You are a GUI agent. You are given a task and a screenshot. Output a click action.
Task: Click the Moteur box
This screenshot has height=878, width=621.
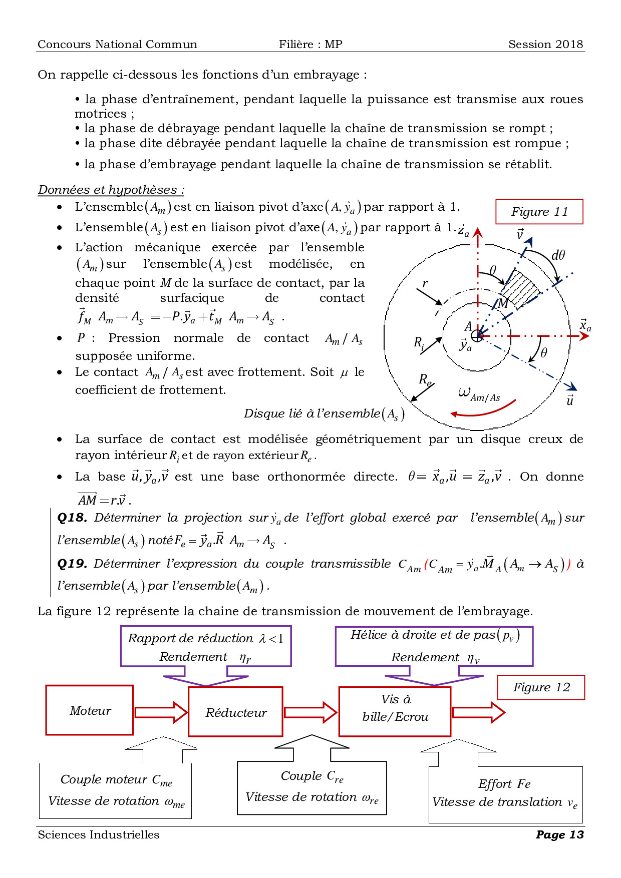pos(90,710)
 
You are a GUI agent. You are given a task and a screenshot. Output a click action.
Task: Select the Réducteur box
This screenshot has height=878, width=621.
pos(235,712)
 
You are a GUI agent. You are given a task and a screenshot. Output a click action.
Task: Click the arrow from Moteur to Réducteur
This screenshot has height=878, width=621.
pos(161,712)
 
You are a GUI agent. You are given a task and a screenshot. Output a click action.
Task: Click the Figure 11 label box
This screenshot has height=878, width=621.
pos(539,212)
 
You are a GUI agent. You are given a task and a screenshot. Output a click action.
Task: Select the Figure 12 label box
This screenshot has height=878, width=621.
pos(541,687)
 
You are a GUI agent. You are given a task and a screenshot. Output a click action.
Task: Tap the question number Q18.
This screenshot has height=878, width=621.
pos(72,518)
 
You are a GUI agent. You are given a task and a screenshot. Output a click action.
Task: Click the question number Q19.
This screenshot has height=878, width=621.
pos(72,564)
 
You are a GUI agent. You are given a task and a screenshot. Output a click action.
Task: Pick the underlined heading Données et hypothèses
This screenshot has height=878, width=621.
pos(111,190)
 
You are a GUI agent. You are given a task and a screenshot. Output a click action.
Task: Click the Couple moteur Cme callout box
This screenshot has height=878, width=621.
pos(116,790)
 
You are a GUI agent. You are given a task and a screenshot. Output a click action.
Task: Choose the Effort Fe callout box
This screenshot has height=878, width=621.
pos(505,793)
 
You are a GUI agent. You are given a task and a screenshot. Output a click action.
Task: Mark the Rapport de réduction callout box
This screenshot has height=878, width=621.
pos(206,646)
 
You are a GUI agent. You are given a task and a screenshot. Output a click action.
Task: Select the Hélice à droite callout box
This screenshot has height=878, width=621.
pos(434,646)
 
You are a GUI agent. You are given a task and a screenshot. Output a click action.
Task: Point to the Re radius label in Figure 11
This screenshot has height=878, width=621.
pos(425,379)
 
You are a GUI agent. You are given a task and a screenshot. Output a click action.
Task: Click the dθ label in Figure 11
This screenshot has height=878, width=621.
pos(558,255)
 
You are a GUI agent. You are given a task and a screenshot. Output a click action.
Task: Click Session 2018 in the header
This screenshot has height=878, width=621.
pos(545,44)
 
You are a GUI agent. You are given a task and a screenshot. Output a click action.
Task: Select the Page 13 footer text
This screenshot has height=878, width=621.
pos(559,834)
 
